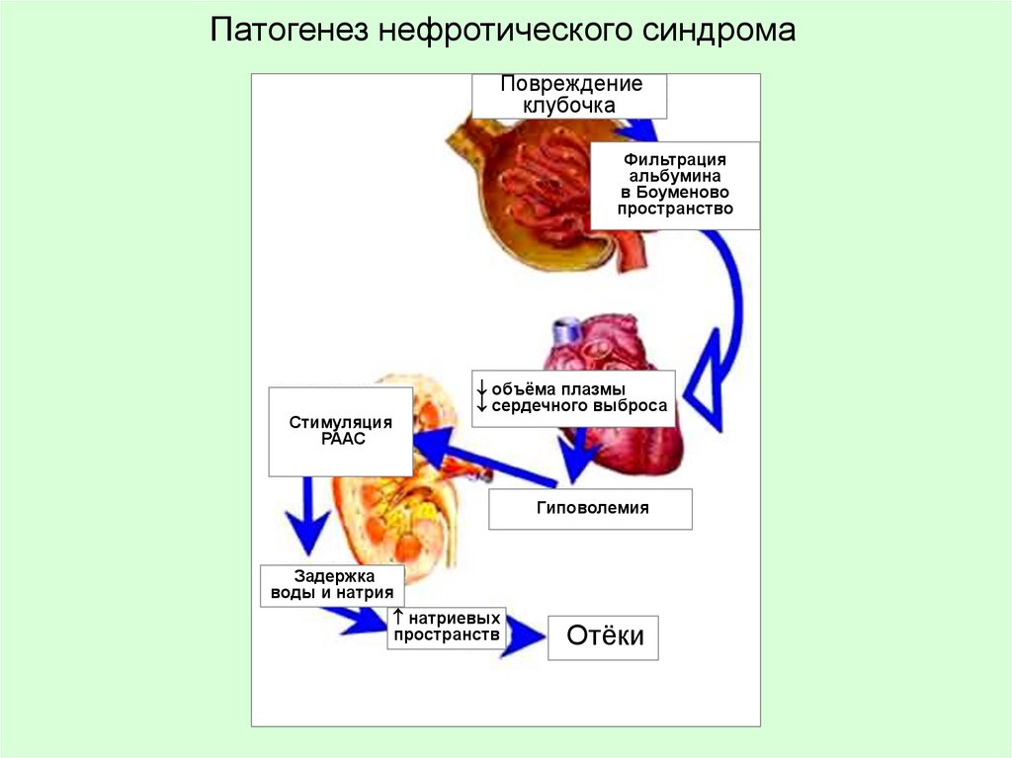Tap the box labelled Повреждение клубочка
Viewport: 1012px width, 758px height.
569,95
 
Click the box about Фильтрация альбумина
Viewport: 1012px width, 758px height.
675,185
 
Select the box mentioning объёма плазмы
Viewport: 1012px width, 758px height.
573,397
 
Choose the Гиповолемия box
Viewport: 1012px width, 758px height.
591,508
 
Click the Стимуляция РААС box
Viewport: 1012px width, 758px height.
341,431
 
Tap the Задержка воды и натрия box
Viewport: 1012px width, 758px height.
332,584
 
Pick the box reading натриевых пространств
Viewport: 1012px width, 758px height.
446,627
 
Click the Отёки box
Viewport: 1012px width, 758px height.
605,636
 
